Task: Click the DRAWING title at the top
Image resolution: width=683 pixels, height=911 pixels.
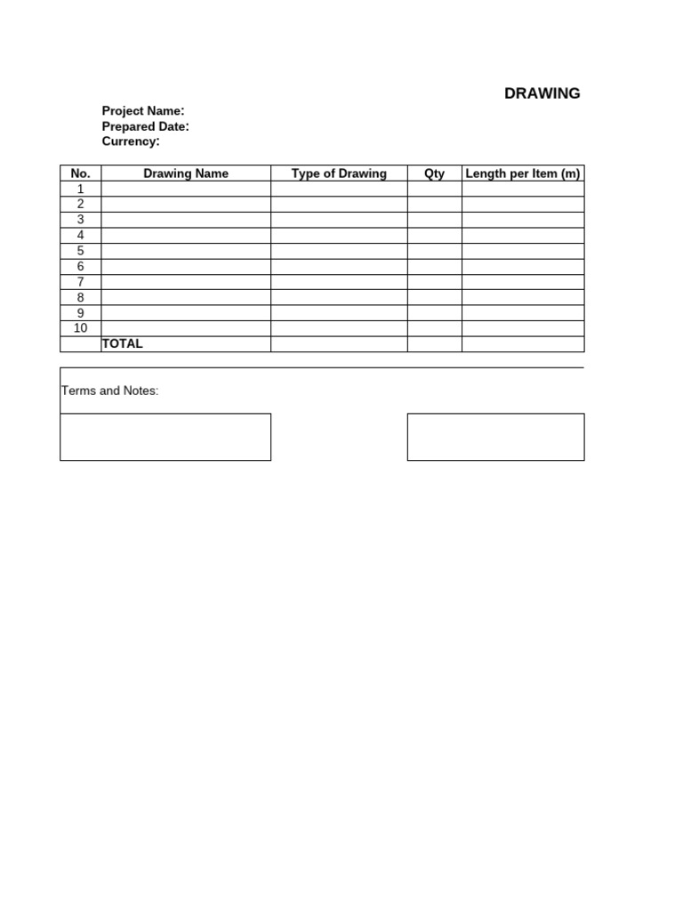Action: [x=542, y=93]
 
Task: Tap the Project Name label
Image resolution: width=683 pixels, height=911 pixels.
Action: [x=143, y=111]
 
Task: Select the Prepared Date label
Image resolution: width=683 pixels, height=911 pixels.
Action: [x=145, y=126]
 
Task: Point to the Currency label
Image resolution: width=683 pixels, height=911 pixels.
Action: [x=131, y=141]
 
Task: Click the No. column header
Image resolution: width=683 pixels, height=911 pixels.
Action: [x=80, y=173]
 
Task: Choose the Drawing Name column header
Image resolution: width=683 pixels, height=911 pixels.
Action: [x=186, y=173]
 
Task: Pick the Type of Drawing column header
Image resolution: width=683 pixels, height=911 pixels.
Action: [x=339, y=173]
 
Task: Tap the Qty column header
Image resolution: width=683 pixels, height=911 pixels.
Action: [x=434, y=173]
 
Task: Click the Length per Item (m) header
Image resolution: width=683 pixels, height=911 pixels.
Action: [x=523, y=173]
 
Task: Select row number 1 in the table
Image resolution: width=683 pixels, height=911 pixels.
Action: [x=80, y=189]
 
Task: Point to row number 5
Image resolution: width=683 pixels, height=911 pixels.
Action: [x=80, y=251]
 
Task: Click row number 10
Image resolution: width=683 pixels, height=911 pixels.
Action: [x=80, y=328]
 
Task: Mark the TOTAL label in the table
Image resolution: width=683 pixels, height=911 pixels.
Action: [x=123, y=343]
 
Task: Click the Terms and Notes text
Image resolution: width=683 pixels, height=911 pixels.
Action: [x=109, y=391]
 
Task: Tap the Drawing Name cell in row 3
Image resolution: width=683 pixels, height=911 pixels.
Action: [x=186, y=220]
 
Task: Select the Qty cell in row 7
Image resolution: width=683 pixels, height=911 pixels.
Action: [x=434, y=282]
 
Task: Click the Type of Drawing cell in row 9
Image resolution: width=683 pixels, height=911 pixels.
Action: [x=339, y=313]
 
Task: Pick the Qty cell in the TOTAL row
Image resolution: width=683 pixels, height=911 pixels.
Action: [x=434, y=344]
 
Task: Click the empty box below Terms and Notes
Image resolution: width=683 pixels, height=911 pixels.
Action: [x=165, y=437]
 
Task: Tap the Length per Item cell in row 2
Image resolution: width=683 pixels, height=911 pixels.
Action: [x=523, y=205]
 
